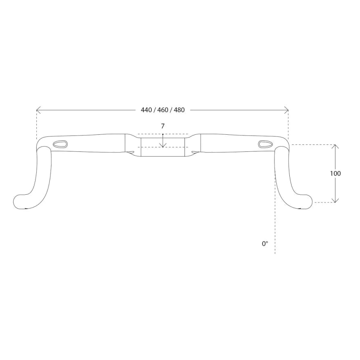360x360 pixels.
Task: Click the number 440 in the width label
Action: [146, 110]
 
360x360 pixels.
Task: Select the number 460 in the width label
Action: [162, 110]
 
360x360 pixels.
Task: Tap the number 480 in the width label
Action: [179, 110]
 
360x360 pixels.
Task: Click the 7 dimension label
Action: [162, 126]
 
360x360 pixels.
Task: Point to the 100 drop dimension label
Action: [335, 173]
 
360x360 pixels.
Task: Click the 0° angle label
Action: [265, 244]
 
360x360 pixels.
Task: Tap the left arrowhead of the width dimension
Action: [38, 110]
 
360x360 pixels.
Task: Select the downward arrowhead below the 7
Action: [162, 144]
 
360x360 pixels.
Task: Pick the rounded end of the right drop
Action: [306, 201]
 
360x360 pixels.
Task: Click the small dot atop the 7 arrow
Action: [162, 134]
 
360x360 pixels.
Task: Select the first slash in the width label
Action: [154, 110]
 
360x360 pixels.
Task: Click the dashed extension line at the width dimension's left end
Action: [37, 124]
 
